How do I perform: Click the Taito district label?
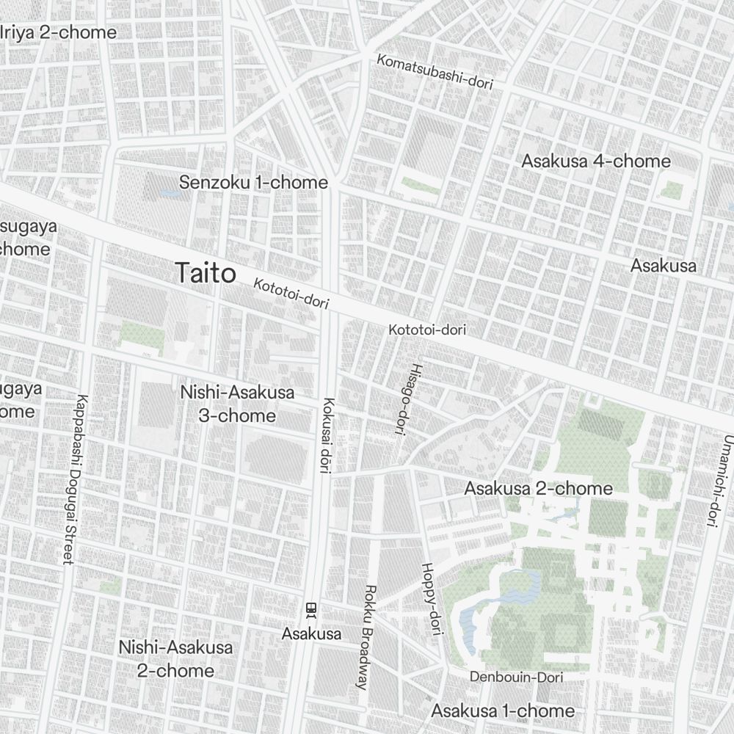(206, 273)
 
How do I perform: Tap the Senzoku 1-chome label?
(254, 183)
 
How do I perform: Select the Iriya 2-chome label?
(59, 32)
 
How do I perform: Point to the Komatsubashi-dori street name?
(435, 72)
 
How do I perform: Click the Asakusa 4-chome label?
(596, 161)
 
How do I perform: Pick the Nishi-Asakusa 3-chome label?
(237, 404)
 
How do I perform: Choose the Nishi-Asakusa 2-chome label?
(176, 658)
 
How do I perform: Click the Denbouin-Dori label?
(516, 677)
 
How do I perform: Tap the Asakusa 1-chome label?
(503, 711)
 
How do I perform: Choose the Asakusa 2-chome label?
(538, 488)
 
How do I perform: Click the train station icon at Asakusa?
(311, 609)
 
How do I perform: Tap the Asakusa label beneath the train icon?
(312, 633)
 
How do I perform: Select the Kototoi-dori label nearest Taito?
(291, 293)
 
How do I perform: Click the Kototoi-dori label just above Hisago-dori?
(427, 330)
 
